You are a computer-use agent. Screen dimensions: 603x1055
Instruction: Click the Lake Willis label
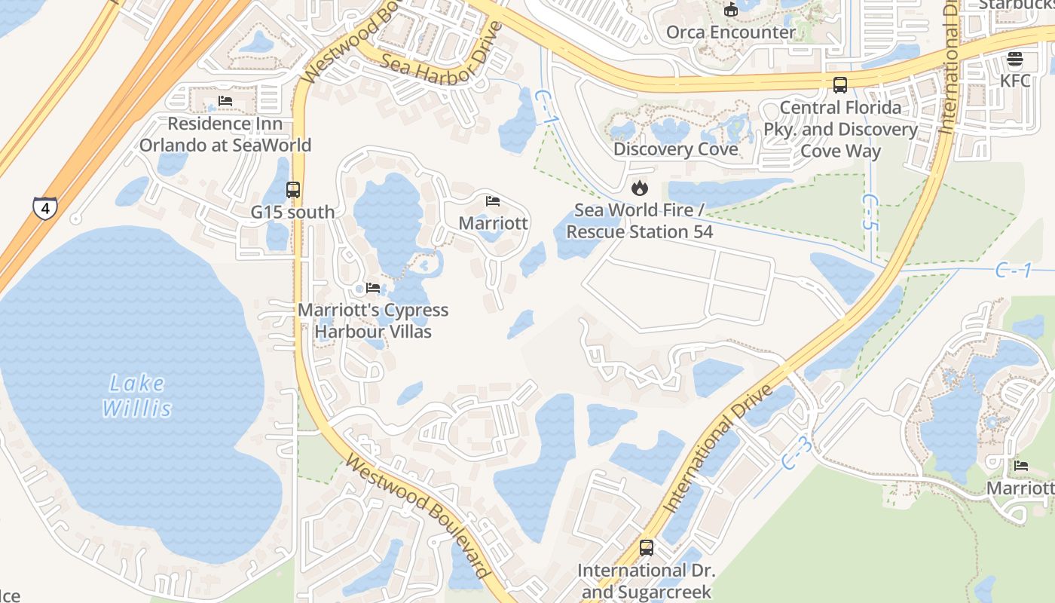point(136,396)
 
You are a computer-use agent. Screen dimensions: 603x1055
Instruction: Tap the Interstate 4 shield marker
point(44,208)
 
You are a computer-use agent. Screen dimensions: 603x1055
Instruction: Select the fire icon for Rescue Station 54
point(640,188)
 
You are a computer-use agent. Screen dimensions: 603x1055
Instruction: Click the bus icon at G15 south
point(293,190)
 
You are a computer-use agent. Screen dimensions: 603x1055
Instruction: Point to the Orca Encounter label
point(730,32)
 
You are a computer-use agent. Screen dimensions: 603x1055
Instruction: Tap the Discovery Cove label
point(675,149)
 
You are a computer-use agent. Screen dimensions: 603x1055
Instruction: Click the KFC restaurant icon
point(1015,60)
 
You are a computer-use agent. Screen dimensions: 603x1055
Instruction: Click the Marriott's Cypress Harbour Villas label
point(373,320)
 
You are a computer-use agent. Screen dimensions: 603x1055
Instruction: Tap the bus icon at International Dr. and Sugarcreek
point(646,548)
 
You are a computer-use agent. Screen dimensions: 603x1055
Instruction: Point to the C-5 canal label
point(870,212)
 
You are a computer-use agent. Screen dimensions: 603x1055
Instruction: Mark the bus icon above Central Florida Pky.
point(840,85)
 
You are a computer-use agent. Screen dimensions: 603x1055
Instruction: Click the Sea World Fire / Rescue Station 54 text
point(639,221)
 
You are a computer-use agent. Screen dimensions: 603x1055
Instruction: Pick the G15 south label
point(292,212)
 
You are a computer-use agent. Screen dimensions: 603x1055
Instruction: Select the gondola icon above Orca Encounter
point(730,10)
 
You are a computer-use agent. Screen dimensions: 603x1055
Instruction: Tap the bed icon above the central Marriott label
point(493,201)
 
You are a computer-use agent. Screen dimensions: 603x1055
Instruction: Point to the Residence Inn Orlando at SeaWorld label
point(225,134)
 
